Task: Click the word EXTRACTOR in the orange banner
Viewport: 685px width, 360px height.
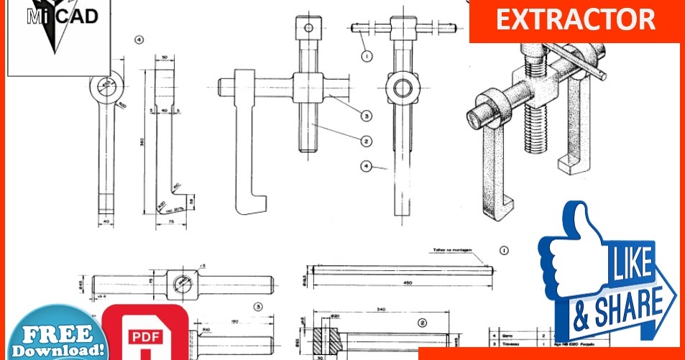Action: tap(575, 19)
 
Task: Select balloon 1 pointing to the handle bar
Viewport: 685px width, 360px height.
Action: tap(367, 55)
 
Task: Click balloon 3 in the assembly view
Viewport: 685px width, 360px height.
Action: tap(366, 115)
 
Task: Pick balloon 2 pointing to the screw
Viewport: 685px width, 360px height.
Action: tap(366, 141)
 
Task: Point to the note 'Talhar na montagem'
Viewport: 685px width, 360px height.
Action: tap(453, 250)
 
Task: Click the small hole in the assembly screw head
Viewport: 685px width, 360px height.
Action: tap(308, 28)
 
